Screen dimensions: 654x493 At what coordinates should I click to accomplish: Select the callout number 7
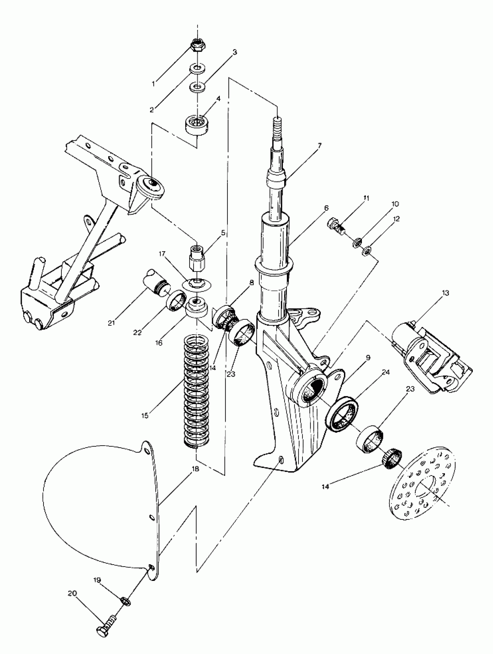[319, 145]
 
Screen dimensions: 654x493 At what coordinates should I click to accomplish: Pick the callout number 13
[445, 293]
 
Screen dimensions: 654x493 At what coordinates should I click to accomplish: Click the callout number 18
[195, 469]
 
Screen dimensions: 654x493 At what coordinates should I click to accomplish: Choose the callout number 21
[111, 323]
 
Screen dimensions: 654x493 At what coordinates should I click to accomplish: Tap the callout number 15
[145, 416]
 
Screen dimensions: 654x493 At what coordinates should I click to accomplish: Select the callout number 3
[234, 52]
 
